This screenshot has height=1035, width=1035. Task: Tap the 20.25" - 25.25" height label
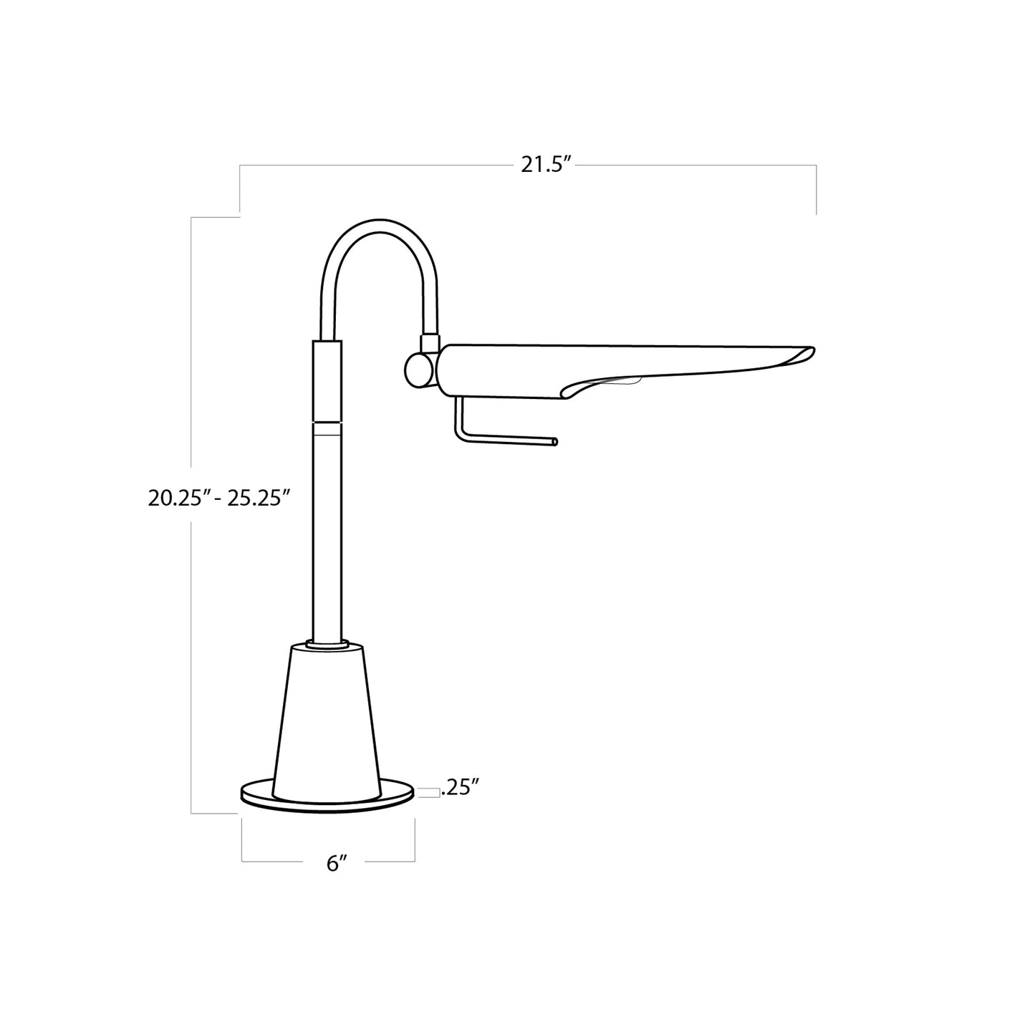(x=218, y=498)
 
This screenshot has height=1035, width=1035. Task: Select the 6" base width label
(x=337, y=863)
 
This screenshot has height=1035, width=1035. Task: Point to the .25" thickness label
(x=459, y=789)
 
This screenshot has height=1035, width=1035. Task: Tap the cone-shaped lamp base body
(x=327, y=723)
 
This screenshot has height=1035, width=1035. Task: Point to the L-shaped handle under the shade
(x=494, y=438)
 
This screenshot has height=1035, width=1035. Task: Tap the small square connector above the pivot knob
(x=430, y=343)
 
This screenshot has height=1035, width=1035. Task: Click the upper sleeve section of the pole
(x=327, y=380)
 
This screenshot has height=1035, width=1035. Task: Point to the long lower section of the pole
(x=327, y=537)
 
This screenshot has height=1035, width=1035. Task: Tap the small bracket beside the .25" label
(x=427, y=791)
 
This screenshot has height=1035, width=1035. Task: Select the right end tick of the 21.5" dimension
(x=816, y=190)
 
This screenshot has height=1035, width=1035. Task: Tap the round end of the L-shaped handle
(x=555, y=443)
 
